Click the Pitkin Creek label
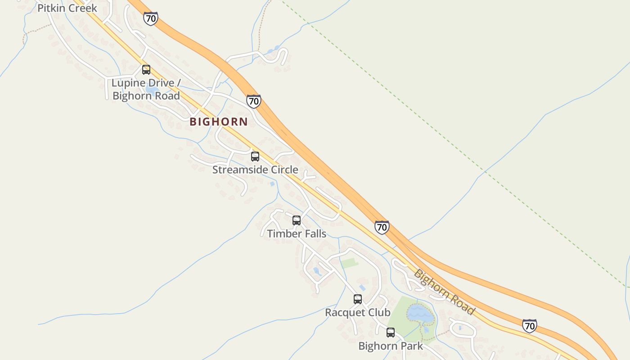(x=67, y=8)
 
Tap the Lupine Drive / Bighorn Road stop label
(x=146, y=89)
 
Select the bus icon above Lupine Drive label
(x=146, y=70)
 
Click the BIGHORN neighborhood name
(x=219, y=121)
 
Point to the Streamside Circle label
(x=255, y=170)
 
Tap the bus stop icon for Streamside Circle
(x=255, y=157)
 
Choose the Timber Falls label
(x=297, y=234)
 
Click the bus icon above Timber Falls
(x=297, y=220)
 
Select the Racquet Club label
(x=358, y=312)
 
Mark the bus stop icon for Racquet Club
(x=358, y=299)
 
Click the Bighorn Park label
(x=391, y=346)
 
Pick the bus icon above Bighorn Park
(x=391, y=333)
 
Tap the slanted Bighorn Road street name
(x=444, y=292)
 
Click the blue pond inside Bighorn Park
(x=420, y=314)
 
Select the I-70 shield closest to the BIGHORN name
(x=254, y=101)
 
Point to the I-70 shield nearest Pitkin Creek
(x=151, y=18)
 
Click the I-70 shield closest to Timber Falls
(x=382, y=227)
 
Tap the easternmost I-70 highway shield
(x=530, y=325)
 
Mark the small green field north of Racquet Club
(x=349, y=262)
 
